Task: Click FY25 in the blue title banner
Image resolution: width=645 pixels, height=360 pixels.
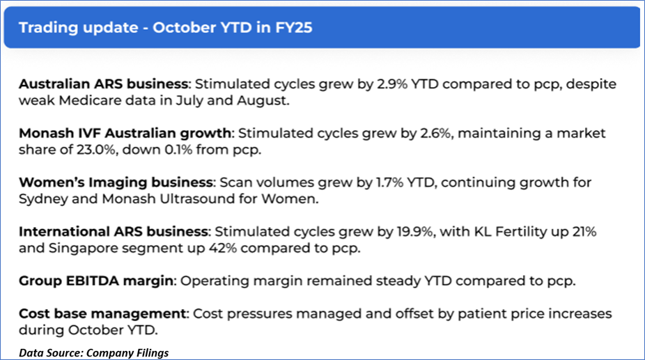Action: pos(294,28)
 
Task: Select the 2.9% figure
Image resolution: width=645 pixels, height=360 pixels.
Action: pos(392,84)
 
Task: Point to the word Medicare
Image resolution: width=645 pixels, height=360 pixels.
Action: pos(91,100)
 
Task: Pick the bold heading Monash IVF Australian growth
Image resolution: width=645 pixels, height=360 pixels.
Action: pos(125,133)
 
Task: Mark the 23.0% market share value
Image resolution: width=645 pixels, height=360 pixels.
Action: pos(96,150)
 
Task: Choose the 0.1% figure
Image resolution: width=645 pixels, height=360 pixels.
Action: pos(178,150)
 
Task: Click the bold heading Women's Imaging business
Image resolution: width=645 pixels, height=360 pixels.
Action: pos(116,182)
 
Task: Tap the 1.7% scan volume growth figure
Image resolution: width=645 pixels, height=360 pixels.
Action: pos(389,182)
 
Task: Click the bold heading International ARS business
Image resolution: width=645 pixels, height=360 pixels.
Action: pos(113,232)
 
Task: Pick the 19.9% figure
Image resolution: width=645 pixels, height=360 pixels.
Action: pos(415,232)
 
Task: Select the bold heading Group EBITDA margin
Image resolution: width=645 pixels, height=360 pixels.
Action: pos(96,281)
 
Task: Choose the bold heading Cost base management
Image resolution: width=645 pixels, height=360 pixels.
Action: pos(102,313)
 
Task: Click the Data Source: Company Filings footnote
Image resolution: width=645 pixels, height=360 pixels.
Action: pos(94,353)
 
